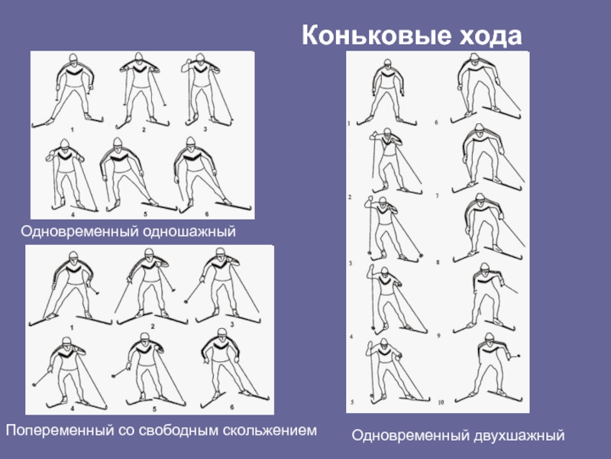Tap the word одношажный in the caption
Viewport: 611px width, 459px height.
pyautogui.click(x=189, y=232)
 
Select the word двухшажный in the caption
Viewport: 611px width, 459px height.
pyautogui.click(x=519, y=435)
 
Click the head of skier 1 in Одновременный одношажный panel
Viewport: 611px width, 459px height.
pyautogui.click(x=73, y=59)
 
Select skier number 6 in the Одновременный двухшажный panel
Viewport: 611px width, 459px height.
pyautogui.click(x=485, y=88)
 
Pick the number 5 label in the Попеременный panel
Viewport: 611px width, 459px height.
pyautogui.click(x=154, y=409)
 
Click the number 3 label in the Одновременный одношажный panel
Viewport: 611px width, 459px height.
pyautogui.click(x=205, y=129)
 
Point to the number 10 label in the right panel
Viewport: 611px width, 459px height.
pyautogui.click(x=441, y=402)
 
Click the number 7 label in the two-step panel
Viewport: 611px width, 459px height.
pyautogui.click(x=437, y=196)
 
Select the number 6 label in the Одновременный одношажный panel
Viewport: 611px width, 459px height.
pyautogui.click(x=207, y=214)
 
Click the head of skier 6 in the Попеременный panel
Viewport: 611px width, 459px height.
pyautogui.click(x=221, y=334)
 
